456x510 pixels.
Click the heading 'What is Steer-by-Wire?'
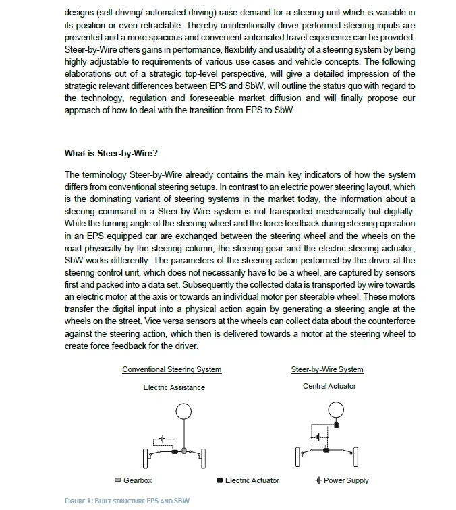pos(111,153)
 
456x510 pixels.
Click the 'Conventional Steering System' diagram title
pos(171,369)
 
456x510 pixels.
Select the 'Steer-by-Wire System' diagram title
pos(327,369)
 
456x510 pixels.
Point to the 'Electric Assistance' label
pos(174,387)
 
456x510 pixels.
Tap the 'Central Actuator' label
pos(329,386)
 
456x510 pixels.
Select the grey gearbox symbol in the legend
pos(118,480)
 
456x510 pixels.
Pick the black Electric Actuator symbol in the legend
pos(220,480)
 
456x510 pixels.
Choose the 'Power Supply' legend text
pos(346,480)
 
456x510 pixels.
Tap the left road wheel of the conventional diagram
pos(146,459)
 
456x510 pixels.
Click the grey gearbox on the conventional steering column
pos(184,449)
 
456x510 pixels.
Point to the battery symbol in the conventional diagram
pos(162,439)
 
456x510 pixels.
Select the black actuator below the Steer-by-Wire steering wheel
pos(327,450)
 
